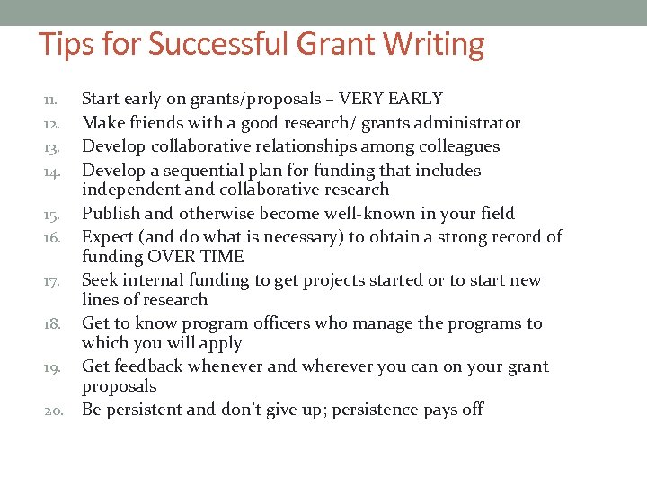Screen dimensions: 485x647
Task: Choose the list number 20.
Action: click(53, 411)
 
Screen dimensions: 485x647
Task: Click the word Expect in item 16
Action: click(108, 237)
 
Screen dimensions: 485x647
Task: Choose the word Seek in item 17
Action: click(100, 280)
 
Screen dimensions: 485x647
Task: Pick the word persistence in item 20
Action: click(392, 410)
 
